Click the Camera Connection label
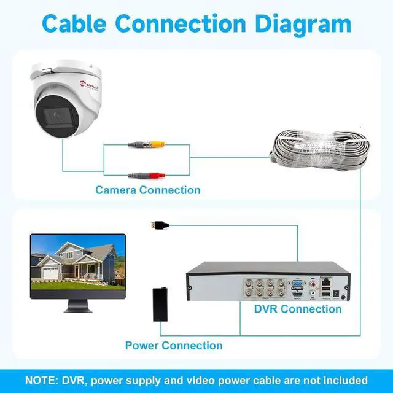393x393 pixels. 147,190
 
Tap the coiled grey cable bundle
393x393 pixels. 319,149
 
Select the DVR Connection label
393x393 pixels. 298,309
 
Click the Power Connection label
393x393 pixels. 174,345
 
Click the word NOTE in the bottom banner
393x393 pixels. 41,380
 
